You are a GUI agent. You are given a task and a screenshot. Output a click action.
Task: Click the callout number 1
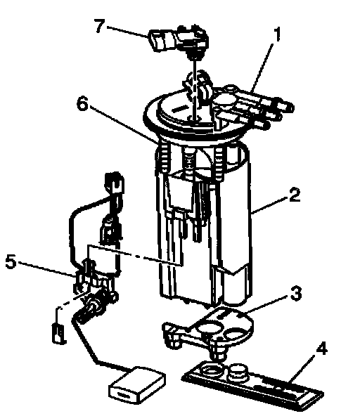(x=277, y=35)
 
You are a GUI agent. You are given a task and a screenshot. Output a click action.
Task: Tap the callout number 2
(x=294, y=195)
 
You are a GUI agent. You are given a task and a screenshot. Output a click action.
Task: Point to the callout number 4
(x=321, y=348)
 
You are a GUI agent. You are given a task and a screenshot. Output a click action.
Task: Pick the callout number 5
(x=11, y=262)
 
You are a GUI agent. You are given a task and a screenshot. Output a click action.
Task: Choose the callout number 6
(x=82, y=104)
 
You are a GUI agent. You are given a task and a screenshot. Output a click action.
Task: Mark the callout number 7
(x=100, y=26)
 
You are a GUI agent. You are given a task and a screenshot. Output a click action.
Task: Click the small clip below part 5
(x=59, y=334)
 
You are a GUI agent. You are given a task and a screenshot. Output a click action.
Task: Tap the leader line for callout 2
(x=270, y=204)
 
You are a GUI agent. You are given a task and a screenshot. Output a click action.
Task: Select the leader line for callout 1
(x=263, y=67)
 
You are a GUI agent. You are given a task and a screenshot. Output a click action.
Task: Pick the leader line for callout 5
(x=47, y=269)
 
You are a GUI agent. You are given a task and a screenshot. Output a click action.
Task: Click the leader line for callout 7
(x=128, y=32)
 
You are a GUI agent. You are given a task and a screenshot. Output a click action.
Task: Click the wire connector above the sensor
(x=115, y=183)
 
